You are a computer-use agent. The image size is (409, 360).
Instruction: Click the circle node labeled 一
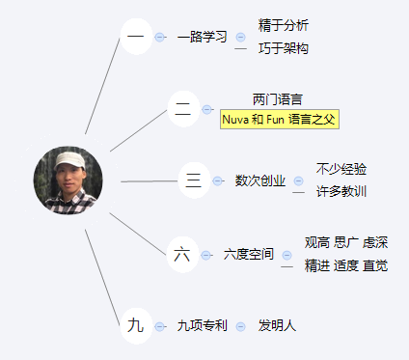136,37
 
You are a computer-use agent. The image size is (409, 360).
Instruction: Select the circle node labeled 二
183,109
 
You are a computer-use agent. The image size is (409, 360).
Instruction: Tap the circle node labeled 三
194,180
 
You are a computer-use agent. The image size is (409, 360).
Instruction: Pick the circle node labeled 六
182,255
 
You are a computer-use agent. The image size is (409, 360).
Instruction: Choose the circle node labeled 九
136,326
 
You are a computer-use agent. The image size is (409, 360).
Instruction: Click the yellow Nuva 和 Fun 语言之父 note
280,120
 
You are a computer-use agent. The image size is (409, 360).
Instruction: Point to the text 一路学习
203,37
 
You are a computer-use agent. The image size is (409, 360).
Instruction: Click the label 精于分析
284,25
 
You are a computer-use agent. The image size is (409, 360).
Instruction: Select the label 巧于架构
284,48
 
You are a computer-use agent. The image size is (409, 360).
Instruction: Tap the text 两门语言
278,99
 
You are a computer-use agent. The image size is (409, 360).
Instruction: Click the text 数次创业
260,180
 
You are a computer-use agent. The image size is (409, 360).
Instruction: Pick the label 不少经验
341,169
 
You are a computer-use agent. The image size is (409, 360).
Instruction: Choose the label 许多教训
341,191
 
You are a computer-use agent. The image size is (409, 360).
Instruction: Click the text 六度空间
249,255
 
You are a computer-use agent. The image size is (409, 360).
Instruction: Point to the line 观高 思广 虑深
346,242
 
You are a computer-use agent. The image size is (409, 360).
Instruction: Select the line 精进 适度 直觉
346,266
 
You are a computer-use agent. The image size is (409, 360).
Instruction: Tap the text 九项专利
203,326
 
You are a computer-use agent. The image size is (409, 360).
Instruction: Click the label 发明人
277,326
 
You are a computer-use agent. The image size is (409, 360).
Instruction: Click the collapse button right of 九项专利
240,327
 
